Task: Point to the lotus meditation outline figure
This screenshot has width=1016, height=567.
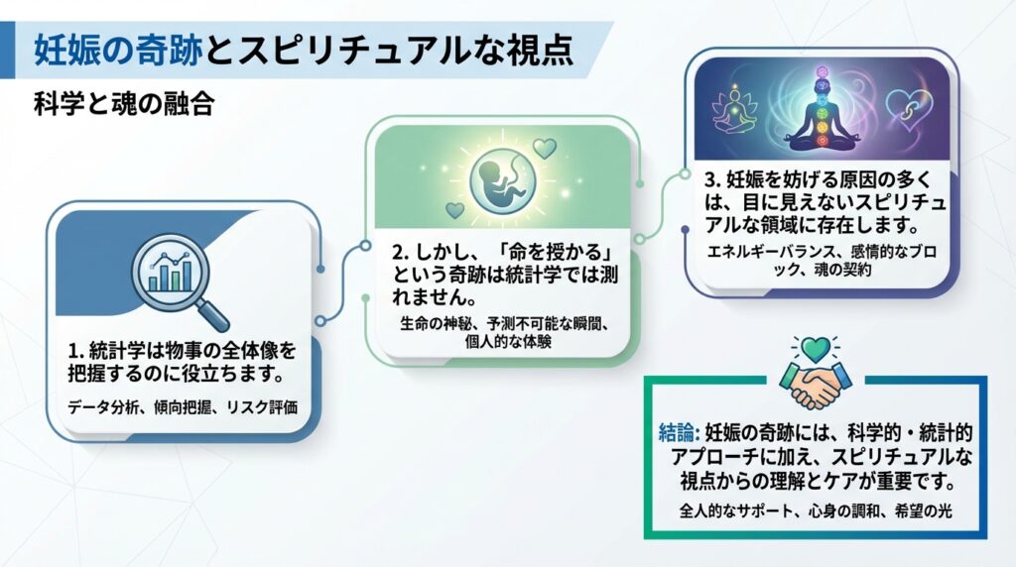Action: [734, 109]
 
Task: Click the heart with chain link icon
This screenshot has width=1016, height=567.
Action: [909, 109]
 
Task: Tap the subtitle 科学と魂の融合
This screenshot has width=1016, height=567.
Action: [124, 104]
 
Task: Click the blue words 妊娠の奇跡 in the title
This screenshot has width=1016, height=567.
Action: [118, 50]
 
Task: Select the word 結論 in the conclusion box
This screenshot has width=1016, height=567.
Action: [676, 432]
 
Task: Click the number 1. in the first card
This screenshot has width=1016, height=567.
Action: [76, 352]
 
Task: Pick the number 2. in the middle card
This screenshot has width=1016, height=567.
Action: [401, 252]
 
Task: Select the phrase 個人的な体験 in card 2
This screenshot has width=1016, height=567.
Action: [508, 341]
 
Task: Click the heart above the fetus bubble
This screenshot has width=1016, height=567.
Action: [545, 149]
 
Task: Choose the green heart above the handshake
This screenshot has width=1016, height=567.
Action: [816, 350]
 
